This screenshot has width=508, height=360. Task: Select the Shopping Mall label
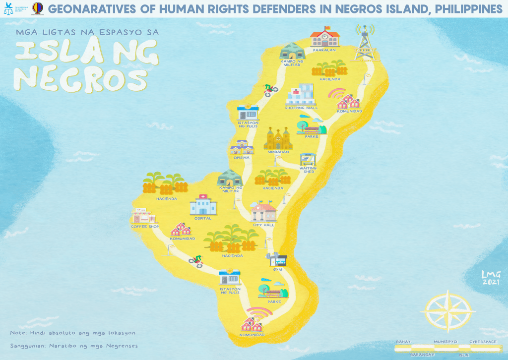click(x=301, y=108)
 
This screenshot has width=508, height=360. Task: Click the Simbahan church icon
click(x=278, y=138)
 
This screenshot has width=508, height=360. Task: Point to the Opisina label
click(x=241, y=158)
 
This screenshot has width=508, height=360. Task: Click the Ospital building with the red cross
click(x=202, y=204)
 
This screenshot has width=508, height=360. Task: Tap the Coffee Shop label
click(x=144, y=227)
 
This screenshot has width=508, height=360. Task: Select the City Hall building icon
click(x=263, y=212)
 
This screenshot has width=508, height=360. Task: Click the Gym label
click(x=277, y=270)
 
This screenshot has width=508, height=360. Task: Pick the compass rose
click(x=448, y=312)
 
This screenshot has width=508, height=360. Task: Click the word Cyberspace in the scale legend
click(x=483, y=342)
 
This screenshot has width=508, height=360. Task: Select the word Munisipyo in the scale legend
click(x=444, y=342)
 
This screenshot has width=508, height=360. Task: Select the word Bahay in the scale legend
click(x=403, y=342)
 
